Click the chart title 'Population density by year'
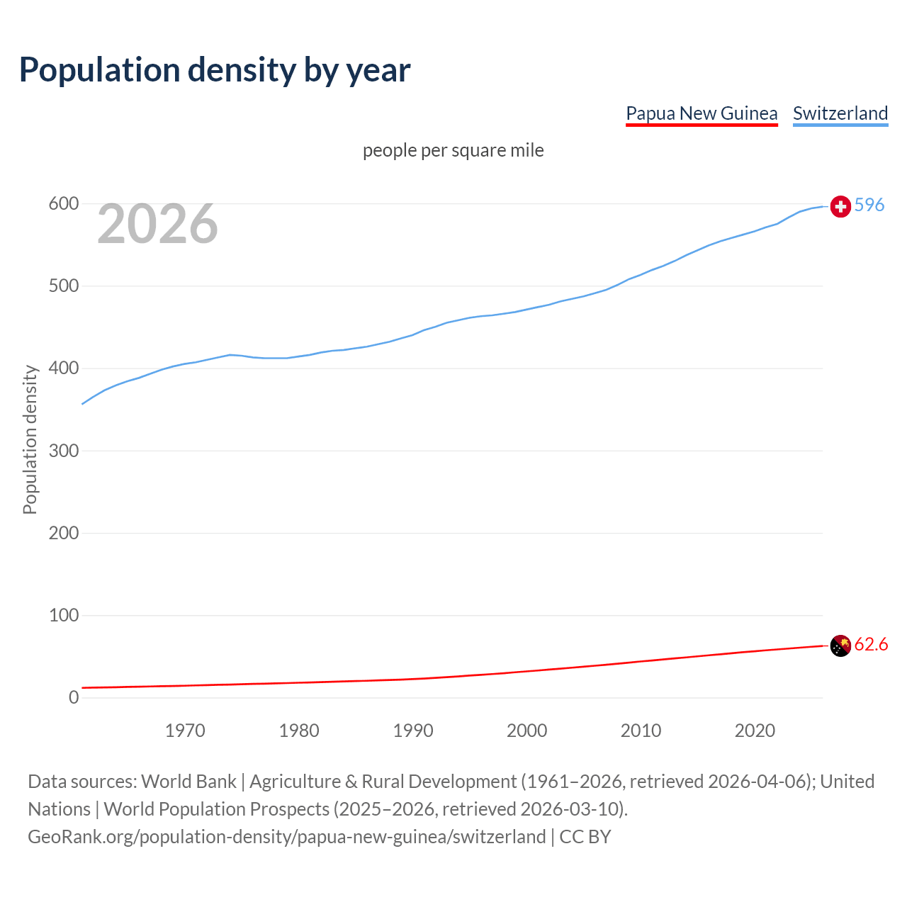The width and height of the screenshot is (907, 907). click(215, 70)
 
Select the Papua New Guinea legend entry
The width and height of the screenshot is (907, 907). click(702, 113)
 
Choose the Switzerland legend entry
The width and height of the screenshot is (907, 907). click(840, 113)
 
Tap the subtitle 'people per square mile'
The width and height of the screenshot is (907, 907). click(453, 150)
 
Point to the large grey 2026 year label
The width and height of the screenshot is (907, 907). click(157, 224)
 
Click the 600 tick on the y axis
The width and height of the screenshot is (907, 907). click(63, 204)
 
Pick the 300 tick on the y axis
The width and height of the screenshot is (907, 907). click(63, 451)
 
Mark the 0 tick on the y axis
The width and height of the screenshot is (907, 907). click(74, 697)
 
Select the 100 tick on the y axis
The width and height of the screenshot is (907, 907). click(63, 615)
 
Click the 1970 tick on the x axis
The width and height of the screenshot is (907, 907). click(185, 731)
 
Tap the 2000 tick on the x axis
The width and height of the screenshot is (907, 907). click(526, 731)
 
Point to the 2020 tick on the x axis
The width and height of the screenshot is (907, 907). click(755, 731)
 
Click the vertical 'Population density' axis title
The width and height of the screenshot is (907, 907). click(30, 439)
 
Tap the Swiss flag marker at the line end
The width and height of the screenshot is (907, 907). click(840, 206)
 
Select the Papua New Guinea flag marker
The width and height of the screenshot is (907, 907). click(840, 646)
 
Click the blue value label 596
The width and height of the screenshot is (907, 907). click(869, 205)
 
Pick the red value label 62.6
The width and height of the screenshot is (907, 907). click(871, 644)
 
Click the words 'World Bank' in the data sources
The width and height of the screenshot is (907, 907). click(188, 782)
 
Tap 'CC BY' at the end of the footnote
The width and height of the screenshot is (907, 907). click(585, 837)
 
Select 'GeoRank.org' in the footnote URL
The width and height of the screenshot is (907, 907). click(81, 837)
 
